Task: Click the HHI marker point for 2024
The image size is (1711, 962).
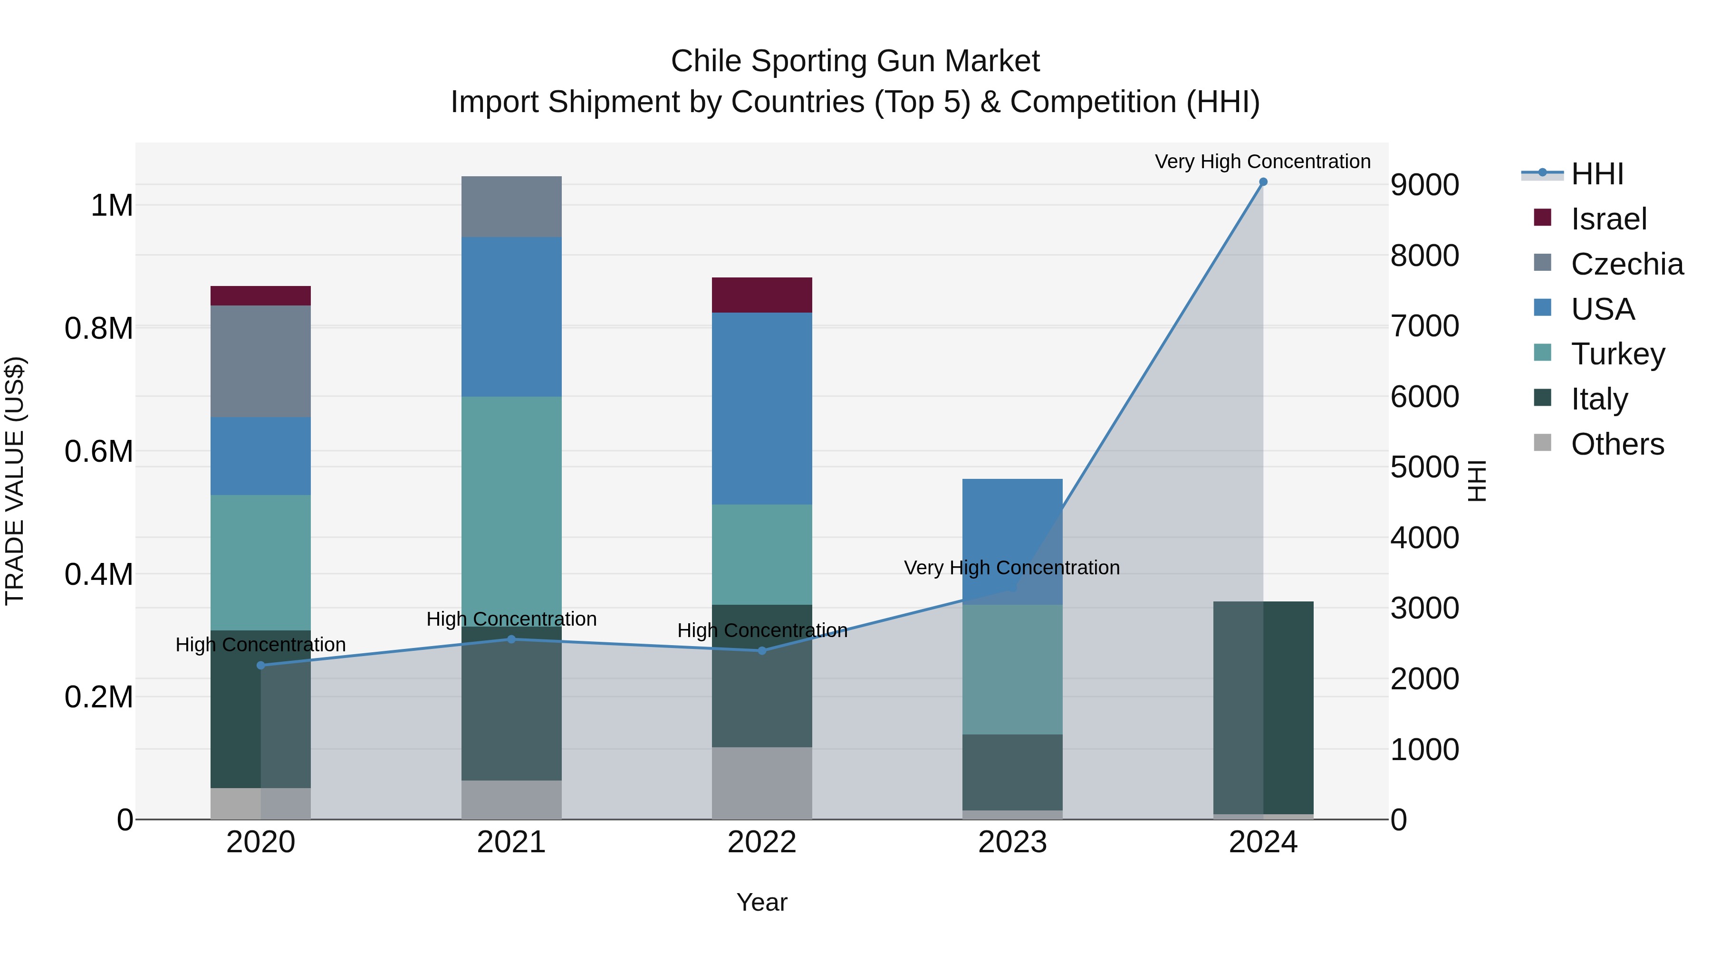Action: click(1263, 182)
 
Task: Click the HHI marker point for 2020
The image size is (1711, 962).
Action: click(260, 665)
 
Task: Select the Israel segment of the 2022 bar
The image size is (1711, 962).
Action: click(762, 295)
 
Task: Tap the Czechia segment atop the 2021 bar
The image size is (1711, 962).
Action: click(511, 207)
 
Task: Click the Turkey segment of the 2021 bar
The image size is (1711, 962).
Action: click(511, 511)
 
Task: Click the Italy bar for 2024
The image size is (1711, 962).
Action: click(1263, 707)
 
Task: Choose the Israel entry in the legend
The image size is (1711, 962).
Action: click(1608, 219)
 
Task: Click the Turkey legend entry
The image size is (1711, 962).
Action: click(1617, 354)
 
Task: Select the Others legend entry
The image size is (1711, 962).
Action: click(1617, 444)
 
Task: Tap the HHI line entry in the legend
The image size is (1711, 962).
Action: click(1597, 174)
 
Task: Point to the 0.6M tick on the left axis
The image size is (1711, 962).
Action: click(99, 451)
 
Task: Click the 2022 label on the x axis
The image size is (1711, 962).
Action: click(762, 842)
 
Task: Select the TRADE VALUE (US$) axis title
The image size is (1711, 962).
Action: click(15, 481)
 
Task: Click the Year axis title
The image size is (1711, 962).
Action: click(762, 902)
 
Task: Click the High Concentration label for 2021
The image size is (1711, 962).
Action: click(511, 619)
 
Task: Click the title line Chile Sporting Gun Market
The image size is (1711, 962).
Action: click(855, 61)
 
